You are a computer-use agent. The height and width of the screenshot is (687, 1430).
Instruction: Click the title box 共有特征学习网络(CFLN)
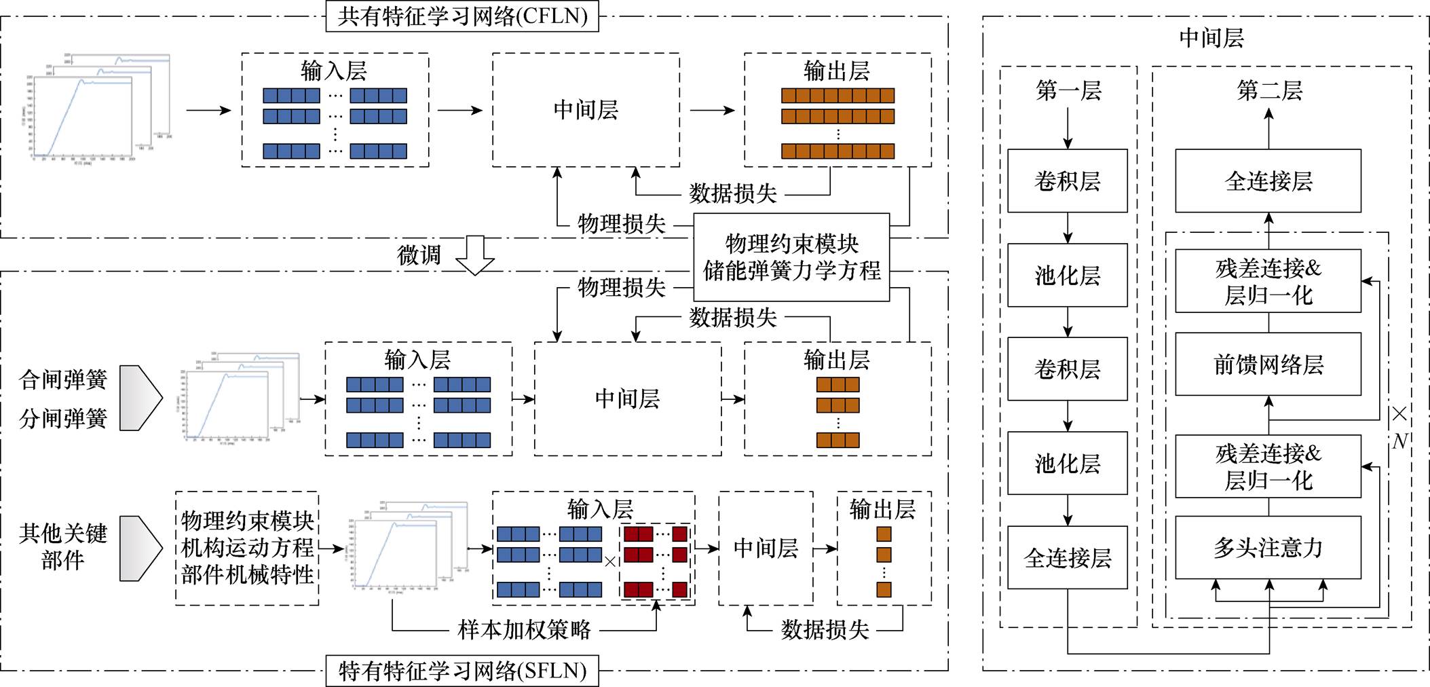coord(462,16)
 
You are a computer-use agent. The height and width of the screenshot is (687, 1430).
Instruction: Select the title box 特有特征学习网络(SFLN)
coord(462,671)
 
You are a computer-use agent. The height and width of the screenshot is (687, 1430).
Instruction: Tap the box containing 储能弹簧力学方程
coord(791,257)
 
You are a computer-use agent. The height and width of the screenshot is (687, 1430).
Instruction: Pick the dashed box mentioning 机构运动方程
coord(247,548)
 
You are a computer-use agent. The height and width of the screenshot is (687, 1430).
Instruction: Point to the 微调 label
coord(419,255)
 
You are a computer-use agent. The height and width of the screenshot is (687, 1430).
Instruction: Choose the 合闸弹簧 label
coord(63,379)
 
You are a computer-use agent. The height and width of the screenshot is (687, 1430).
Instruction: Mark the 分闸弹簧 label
coord(63,418)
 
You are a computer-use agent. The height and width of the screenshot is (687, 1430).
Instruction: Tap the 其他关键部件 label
coord(63,546)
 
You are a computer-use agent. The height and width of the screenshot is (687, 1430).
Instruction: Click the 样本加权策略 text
coord(524,630)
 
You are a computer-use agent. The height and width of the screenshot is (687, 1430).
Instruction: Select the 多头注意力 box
coord(1268,547)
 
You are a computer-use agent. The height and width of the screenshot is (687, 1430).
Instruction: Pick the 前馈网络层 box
coord(1268,365)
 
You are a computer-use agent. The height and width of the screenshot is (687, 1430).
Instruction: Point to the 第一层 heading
coord(1068,90)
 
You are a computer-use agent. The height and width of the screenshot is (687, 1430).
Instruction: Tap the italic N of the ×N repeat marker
coord(1400,441)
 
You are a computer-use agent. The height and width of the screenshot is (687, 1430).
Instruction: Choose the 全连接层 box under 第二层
coord(1268,181)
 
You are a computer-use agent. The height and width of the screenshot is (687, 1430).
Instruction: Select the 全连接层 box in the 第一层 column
coord(1068,558)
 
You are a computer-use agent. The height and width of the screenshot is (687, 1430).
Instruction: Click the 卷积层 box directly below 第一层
coord(1068,181)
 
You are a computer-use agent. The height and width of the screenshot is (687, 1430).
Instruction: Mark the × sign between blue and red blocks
coord(610,561)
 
